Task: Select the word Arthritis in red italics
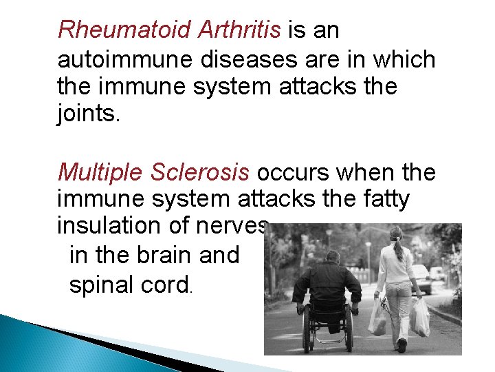click(x=239, y=30)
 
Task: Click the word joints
click(x=89, y=114)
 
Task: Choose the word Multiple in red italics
click(x=100, y=171)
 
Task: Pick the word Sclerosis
click(x=200, y=171)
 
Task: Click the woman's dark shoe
click(x=401, y=345)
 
